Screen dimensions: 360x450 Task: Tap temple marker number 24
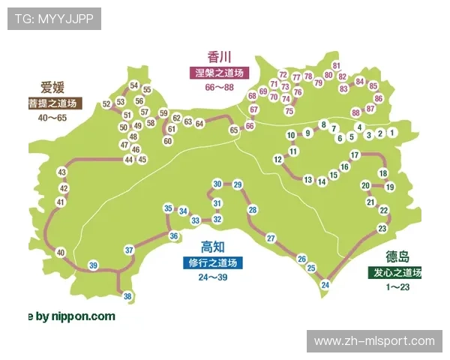325,285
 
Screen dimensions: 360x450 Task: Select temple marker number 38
128,296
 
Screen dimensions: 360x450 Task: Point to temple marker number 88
355,112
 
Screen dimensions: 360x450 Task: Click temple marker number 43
62,172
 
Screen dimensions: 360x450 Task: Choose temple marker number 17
355,155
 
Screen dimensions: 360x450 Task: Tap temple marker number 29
238,184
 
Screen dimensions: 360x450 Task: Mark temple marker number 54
134,85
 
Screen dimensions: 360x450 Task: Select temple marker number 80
328,74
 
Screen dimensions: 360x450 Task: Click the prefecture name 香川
219,57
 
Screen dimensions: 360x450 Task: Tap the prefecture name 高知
213,247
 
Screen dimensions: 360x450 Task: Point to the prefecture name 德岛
397,256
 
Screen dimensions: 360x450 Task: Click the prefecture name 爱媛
52,86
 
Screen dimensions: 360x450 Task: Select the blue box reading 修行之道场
213,263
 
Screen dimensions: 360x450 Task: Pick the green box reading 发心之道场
395,272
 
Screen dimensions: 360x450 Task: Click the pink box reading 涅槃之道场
219,73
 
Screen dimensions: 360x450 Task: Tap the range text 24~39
213,277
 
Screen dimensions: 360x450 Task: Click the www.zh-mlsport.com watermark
374,341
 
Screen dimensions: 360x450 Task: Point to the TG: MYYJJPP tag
54,19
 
